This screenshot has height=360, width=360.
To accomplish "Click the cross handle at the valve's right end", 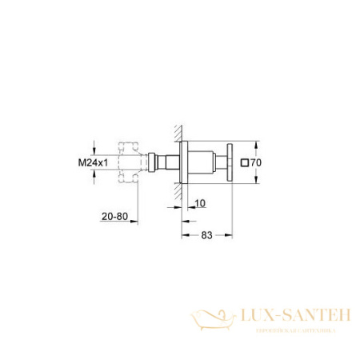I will (x=230, y=163).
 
